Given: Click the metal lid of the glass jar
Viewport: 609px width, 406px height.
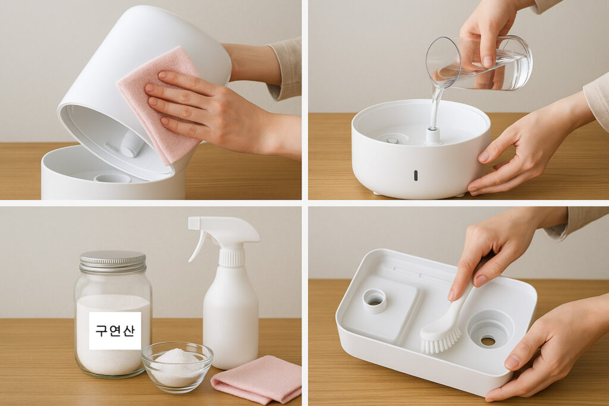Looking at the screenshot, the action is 112,261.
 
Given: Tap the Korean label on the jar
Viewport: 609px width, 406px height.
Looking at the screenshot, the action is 115,331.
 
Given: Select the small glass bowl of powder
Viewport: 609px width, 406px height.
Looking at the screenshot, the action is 177,366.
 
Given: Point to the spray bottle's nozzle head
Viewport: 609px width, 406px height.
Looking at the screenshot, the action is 224,229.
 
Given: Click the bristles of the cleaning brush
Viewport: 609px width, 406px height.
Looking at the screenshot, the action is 441,339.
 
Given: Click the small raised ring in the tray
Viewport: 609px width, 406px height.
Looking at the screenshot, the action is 375,301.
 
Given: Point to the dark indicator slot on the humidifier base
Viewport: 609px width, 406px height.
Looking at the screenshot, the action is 416,175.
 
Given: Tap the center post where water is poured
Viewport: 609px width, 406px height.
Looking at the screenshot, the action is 433,136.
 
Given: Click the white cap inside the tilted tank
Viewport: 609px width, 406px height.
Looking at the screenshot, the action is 132,144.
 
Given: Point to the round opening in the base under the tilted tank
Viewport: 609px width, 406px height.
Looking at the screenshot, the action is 112,178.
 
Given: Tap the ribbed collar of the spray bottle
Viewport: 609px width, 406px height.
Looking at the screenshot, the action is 232,257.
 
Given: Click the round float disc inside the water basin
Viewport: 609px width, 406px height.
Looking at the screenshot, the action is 391,139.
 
